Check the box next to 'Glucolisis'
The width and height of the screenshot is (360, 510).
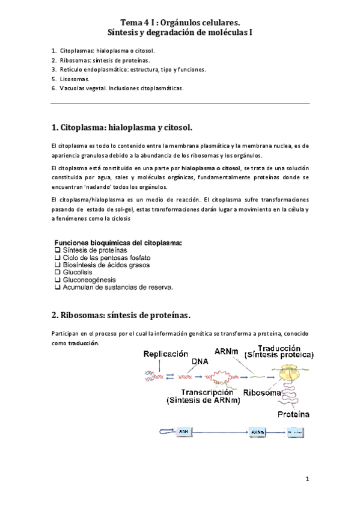click(x=58, y=272)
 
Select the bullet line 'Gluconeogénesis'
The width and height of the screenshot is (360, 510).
click(x=90, y=280)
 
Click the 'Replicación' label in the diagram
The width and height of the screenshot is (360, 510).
click(x=170, y=355)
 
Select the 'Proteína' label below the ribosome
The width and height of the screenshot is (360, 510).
click(x=293, y=414)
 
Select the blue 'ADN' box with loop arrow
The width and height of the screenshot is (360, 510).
click(x=184, y=432)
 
